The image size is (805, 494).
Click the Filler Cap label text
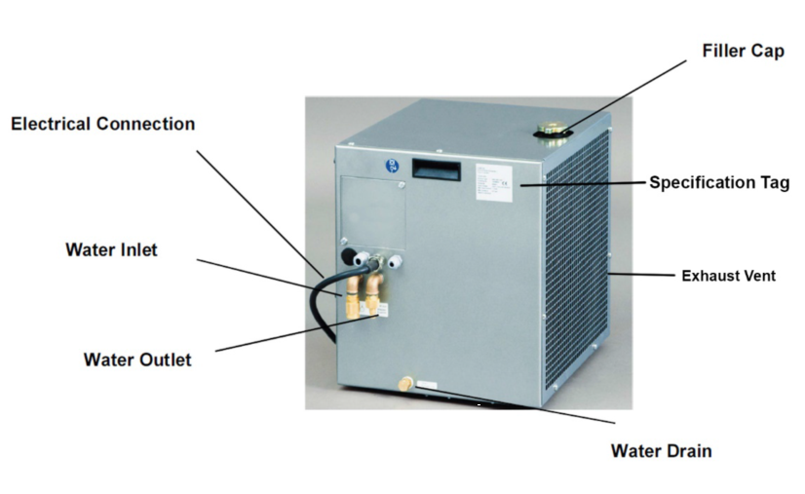pyautogui.click(x=743, y=50)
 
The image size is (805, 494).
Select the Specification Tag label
pyautogui.click(x=719, y=182)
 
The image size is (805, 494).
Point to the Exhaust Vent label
pyautogui.click(x=728, y=276)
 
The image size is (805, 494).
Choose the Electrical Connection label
pyautogui.click(x=102, y=124)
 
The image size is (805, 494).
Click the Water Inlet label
pyautogui.click(x=111, y=249)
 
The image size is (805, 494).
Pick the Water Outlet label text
pyautogui.click(x=137, y=360)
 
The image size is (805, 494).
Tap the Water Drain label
pyautogui.click(x=661, y=450)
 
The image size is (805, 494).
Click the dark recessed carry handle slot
pyautogui.click(x=435, y=168)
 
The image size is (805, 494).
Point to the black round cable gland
pyautogui.click(x=348, y=257)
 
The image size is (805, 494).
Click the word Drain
pyautogui.click(x=688, y=450)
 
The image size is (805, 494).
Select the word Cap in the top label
pyautogui.click(x=768, y=50)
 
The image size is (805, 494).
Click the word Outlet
pyautogui.click(x=165, y=360)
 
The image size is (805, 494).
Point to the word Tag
pyautogui.click(x=774, y=182)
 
